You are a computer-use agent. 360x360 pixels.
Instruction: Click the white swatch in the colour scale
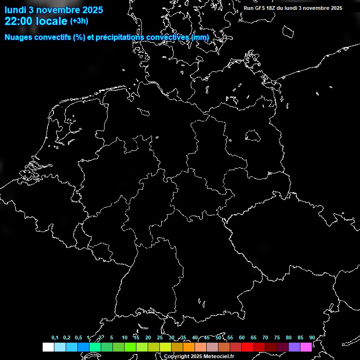pos(48,347)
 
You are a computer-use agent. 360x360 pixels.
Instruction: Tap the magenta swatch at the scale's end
pos(306,347)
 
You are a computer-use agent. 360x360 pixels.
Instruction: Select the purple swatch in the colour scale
pos(294,347)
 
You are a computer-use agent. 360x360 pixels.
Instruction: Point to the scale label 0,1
pos(55,338)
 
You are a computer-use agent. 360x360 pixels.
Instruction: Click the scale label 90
pos(312,338)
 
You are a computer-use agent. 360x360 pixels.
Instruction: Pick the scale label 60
pos(242,338)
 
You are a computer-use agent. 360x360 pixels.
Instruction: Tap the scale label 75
pos(277,338)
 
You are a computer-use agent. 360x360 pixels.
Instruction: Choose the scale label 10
pos(125,338)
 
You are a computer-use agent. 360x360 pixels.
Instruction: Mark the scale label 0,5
pos(78,338)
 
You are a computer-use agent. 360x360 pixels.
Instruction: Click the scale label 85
pos(300,338)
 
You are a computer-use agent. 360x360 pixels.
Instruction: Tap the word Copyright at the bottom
pos(177,357)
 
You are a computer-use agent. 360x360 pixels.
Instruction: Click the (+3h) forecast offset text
pos(79,21)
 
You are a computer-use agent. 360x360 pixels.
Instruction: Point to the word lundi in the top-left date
pos(15,9)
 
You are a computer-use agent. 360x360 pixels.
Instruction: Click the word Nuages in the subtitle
pos(19,37)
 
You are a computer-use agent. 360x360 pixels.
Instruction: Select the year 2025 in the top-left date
pos(92,9)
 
